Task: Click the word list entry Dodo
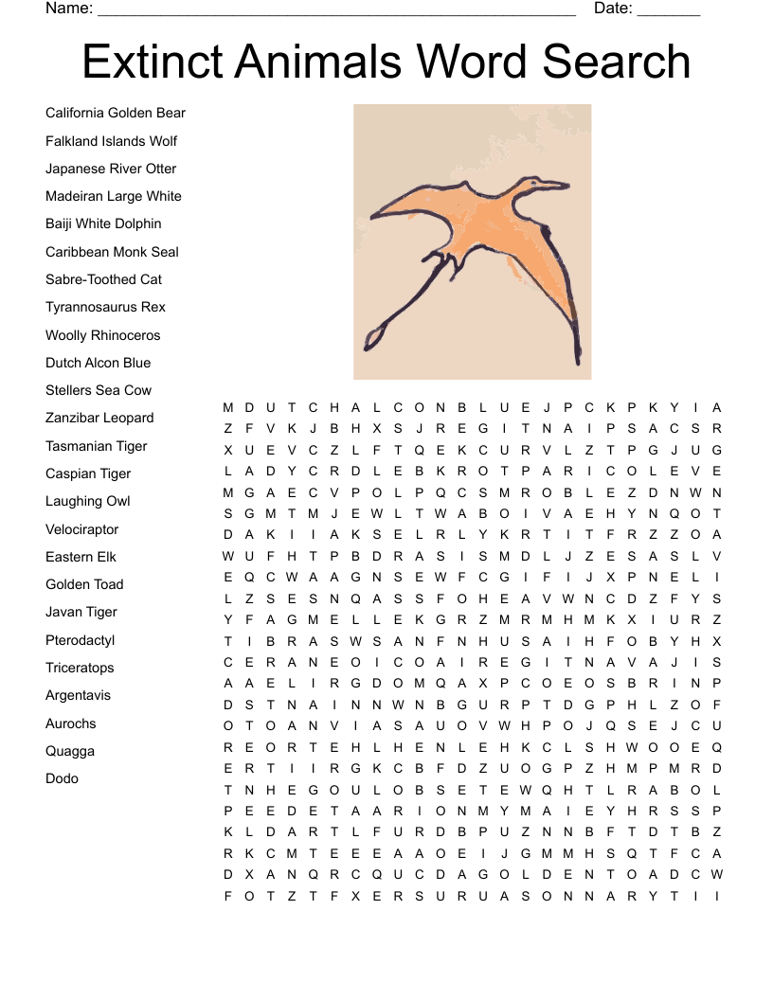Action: click(x=62, y=778)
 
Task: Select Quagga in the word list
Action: click(x=70, y=751)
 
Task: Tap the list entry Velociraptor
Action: click(x=82, y=529)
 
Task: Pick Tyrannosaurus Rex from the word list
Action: click(x=105, y=307)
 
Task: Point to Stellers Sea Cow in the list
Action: click(x=99, y=390)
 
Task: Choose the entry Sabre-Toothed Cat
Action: click(x=103, y=279)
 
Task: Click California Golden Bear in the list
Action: click(x=116, y=113)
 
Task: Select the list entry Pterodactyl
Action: click(x=80, y=640)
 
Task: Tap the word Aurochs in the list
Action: click(x=71, y=723)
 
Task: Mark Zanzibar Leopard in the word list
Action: click(x=99, y=418)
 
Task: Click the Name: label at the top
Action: click(x=69, y=9)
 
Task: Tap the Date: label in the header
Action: click(x=613, y=9)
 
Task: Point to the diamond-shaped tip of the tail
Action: click(x=374, y=336)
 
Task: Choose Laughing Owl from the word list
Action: click(x=88, y=501)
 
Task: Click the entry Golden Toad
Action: click(x=84, y=584)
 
